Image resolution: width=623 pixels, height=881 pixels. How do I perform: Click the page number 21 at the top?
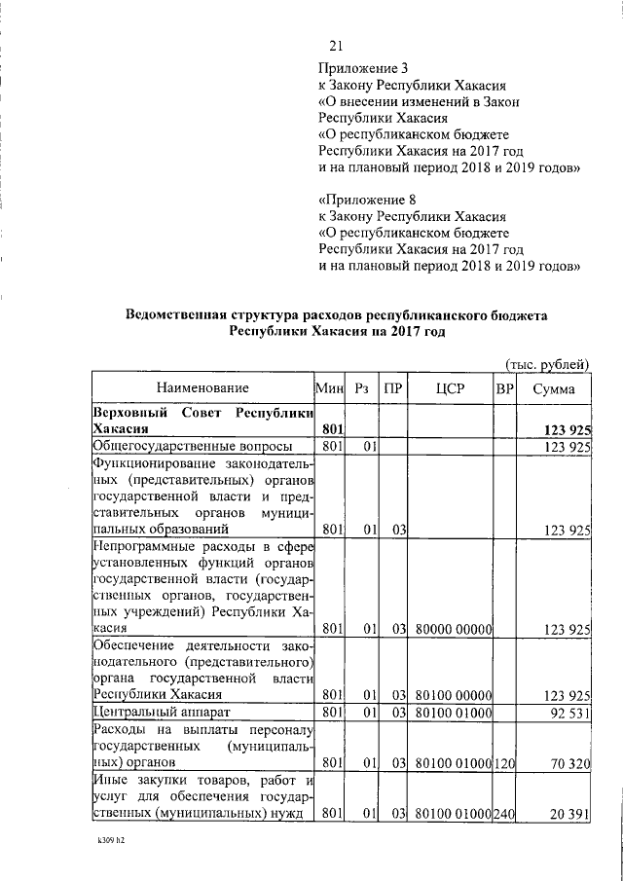pos(337,46)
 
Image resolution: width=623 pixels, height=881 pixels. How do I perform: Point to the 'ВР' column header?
pos(504,389)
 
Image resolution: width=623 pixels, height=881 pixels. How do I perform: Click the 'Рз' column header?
pos(361,389)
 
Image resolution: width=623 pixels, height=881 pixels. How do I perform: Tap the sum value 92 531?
pos(567,714)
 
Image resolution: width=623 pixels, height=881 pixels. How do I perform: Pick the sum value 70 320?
pos(567,763)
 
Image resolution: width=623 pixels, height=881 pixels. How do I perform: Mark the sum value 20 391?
pos(567,813)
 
